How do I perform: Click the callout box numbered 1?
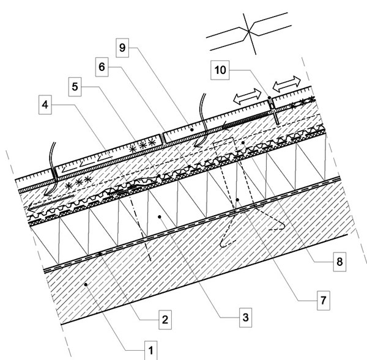pyautogui.click(x=150, y=350)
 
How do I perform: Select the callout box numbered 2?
pyautogui.click(x=165, y=320)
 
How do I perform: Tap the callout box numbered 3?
pyautogui.click(x=245, y=317)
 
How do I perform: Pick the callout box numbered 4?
pyautogui.click(x=45, y=105)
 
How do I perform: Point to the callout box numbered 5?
pyautogui.click(x=75, y=87)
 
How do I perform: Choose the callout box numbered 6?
pyautogui.click(x=102, y=67)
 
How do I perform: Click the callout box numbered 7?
pyautogui.click(x=324, y=300)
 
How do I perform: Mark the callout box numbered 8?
pyautogui.click(x=339, y=262)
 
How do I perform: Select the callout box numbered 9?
pyautogui.click(x=122, y=48)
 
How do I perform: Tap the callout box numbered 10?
pyautogui.click(x=220, y=70)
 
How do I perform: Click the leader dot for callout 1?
pyautogui.click(x=86, y=285)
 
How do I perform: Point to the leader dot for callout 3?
pyautogui.click(x=160, y=217)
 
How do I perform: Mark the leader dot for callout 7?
pyautogui.click(x=237, y=200)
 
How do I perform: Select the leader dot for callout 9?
pyautogui.click(x=192, y=130)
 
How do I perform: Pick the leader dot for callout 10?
pyautogui.click(x=270, y=98)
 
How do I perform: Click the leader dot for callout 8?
pyautogui.click(x=243, y=142)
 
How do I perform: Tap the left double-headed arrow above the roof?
pyautogui.click(x=247, y=97)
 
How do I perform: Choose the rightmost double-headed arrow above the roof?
pyautogui.click(x=287, y=84)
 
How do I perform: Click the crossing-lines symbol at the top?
pyautogui.click(x=249, y=31)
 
